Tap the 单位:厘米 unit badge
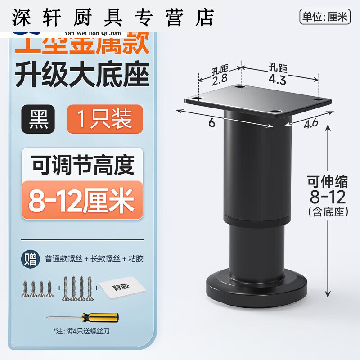tap(324, 18)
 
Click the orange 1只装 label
tap(105, 119)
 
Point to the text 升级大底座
tap(82, 75)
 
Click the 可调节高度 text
tap(83, 166)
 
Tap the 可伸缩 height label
tap(327, 182)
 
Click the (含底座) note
tap(327, 211)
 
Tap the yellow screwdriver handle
tap(106, 317)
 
